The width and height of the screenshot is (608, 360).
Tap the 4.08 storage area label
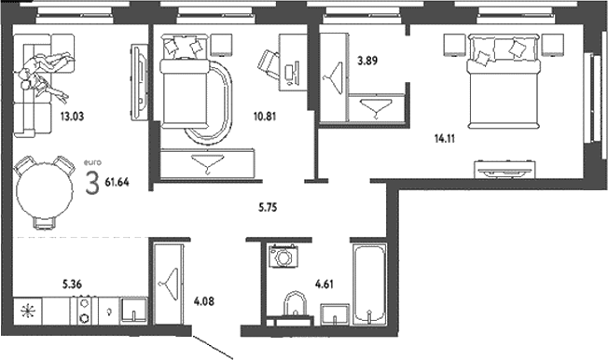coord(202,302)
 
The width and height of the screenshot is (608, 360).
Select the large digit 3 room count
coord(91,182)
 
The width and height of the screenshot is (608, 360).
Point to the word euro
coord(91,163)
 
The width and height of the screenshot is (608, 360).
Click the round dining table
coord(44,189)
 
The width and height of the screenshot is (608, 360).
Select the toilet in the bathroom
coord(295,305)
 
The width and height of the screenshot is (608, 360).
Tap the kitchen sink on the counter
coord(134,310)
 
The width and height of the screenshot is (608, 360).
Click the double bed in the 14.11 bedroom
coord(504,83)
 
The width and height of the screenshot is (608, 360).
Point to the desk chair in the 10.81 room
coord(269,63)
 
